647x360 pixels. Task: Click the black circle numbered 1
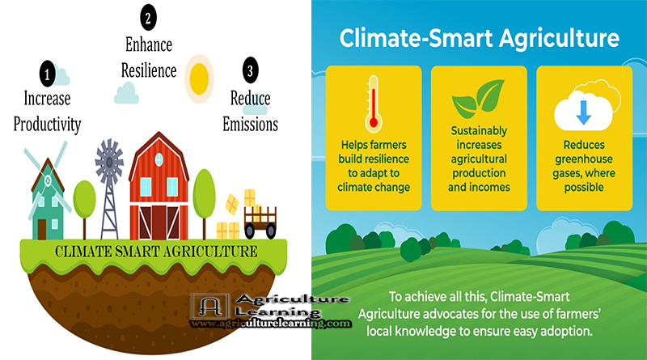coord(47,74)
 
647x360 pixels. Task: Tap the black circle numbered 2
coord(148,17)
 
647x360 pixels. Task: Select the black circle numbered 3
coord(250,70)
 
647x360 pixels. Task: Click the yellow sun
coord(199,78)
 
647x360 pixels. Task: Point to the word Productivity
coord(47,125)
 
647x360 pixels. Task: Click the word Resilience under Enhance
coord(149,70)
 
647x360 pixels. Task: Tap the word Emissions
coord(250,124)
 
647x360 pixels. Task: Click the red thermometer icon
coord(374,104)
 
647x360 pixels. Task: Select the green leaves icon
coord(479,98)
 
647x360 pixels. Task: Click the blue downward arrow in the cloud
coord(583,112)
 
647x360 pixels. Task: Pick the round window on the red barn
coord(159,159)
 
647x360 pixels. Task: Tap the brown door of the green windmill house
coord(42,229)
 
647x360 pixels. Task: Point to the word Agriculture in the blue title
coord(559,39)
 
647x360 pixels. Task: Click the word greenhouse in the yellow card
coord(583,159)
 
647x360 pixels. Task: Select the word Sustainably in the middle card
coord(479,131)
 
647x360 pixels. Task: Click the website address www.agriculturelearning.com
coord(270,324)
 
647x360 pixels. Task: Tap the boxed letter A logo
coord(209,306)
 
